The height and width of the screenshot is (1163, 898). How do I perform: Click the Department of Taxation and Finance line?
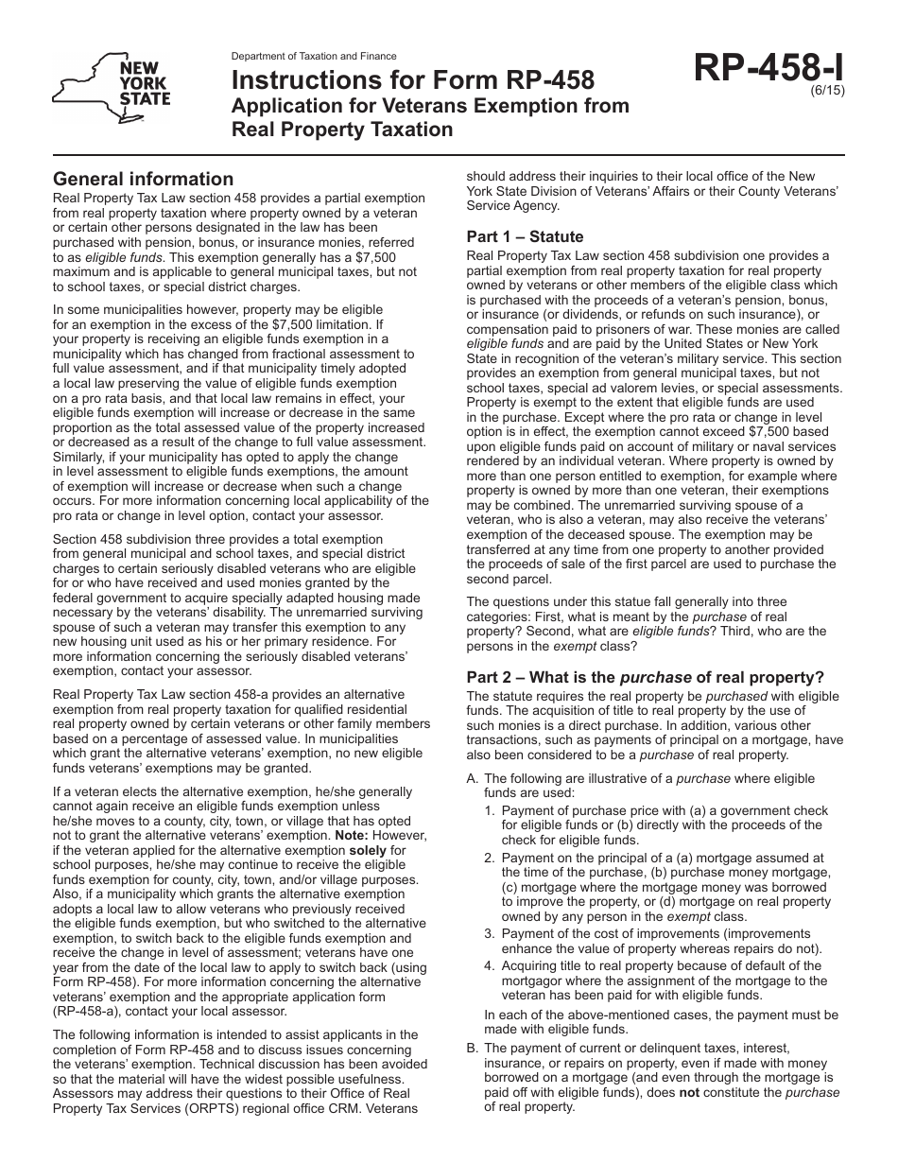(314, 57)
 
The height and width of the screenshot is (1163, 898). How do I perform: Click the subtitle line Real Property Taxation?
(342, 130)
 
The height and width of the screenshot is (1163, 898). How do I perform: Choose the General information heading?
(143, 179)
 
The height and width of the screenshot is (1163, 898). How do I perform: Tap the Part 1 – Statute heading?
(525, 236)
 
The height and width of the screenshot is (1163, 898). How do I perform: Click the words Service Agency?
(513, 205)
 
